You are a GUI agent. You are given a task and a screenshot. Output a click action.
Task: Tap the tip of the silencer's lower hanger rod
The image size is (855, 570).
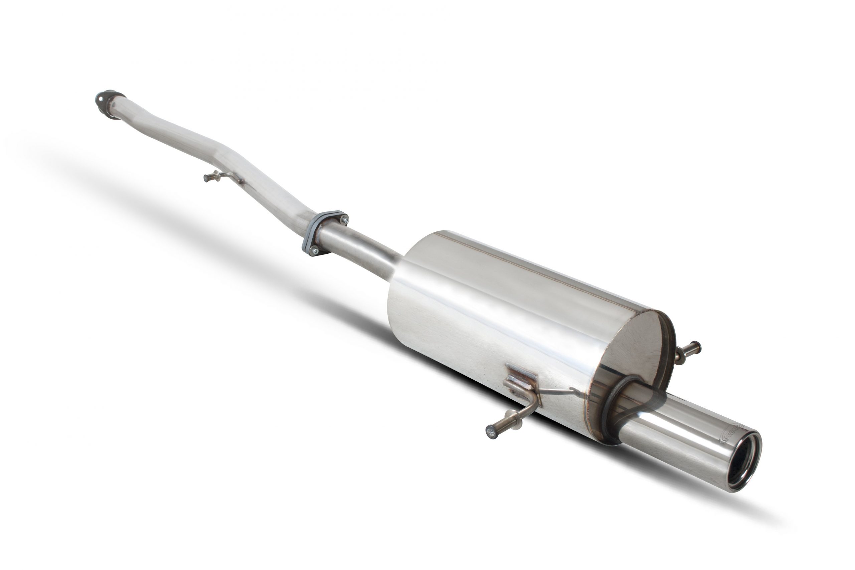click(491, 432)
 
